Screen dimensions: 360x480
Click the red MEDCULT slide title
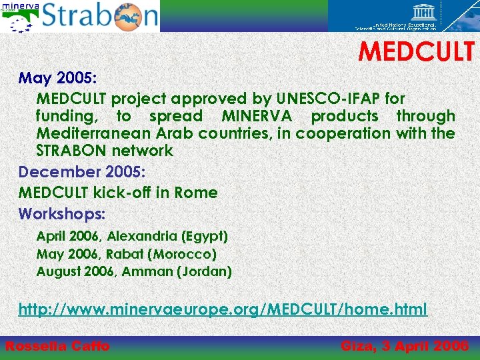(x=417, y=51)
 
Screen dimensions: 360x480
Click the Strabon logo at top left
(x=100, y=16)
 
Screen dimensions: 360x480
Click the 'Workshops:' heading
(x=62, y=214)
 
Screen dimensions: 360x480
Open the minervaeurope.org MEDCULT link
(x=223, y=309)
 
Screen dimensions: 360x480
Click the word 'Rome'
(x=196, y=193)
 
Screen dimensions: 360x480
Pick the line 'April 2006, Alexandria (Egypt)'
(x=132, y=236)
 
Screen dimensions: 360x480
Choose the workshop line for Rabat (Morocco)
(x=127, y=254)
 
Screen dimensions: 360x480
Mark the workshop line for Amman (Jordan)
(x=134, y=271)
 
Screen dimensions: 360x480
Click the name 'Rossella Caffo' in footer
(x=57, y=345)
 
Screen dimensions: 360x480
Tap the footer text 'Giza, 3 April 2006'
(x=404, y=345)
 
